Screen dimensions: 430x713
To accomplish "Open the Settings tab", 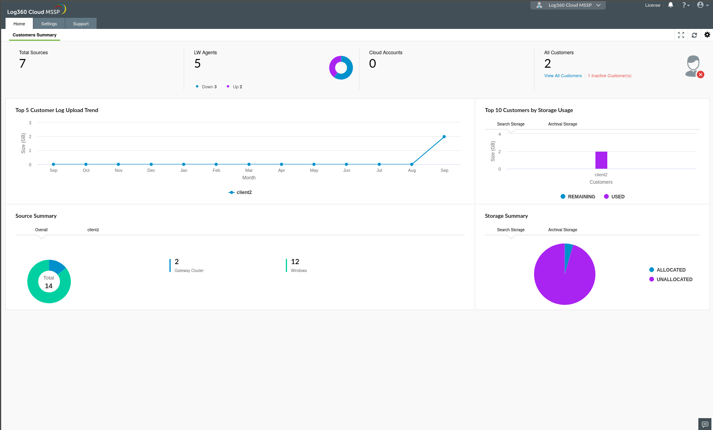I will [x=49, y=24].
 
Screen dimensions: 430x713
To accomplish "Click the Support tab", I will [x=81, y=24].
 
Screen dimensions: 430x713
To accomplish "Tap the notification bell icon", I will [x=670, y=5].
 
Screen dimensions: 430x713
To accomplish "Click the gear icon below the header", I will [x=707, y=35].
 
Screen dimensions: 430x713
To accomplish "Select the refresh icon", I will [x=694, y=35].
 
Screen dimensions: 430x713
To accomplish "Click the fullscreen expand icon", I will [x=681, y=35].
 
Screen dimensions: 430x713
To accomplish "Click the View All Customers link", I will [x=563, y=76].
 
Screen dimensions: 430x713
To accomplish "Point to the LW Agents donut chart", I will [x=341, y=68].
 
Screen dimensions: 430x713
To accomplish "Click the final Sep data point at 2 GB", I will [x=444, y=137].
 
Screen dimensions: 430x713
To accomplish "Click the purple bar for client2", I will [x=601, y=160].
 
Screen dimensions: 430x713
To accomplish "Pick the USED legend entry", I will [x=614, y=197].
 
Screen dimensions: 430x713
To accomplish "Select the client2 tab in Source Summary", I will [x=93, y=230].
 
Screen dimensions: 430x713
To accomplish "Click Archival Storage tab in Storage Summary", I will [x=563, y=230].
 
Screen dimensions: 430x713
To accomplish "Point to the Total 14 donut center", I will [x=49, y=282].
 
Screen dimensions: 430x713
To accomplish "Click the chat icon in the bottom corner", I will [x=705, y=424].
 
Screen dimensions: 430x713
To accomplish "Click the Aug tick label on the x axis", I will [x=412, y=170].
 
